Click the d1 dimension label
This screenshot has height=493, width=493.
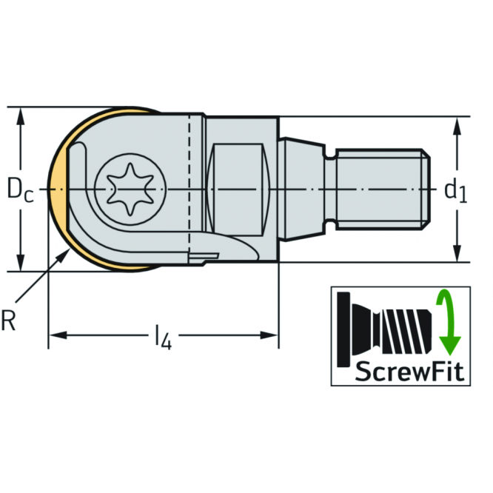pyautogui.click(x=455, y=191)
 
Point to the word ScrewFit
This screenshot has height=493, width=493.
pyautogui.click(x=401, y=370)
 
